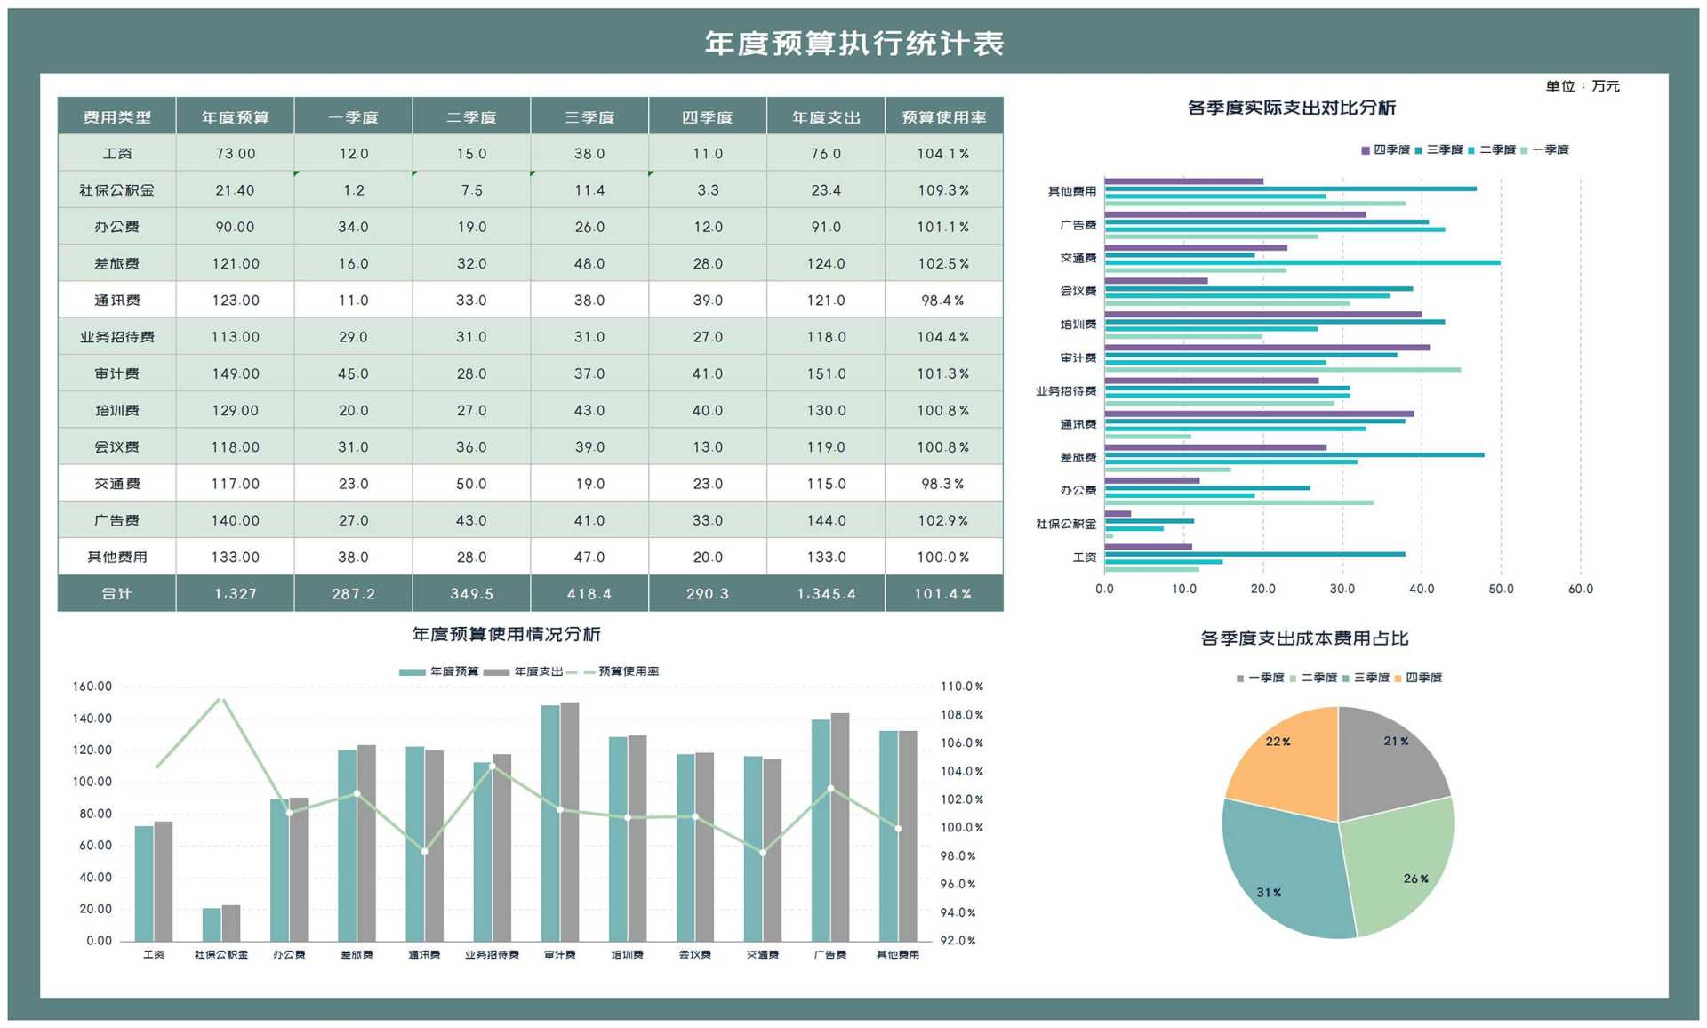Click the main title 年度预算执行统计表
[x=853, y=43]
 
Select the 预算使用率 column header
[x=943, y=117]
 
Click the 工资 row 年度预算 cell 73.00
[x=235, y=154]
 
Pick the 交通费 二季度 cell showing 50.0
[x=471, y=484]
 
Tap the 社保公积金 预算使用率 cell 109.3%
[x=943, y=190]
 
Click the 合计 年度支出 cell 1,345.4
[x=826, y=593]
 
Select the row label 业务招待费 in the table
[x=116, y=337]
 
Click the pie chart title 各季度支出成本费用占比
[x=1303, y=638]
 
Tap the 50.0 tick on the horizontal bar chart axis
[x=1501, y=589]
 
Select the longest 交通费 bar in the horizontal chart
[x=1302, y=262]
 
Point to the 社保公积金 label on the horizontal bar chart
[x=1065, y=524]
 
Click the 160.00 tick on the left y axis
[x=92, y=687]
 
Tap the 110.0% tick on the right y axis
[x=961, y=687]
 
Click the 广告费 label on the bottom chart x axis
[x=829, y=954]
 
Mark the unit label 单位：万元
[x=1583, y=86]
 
